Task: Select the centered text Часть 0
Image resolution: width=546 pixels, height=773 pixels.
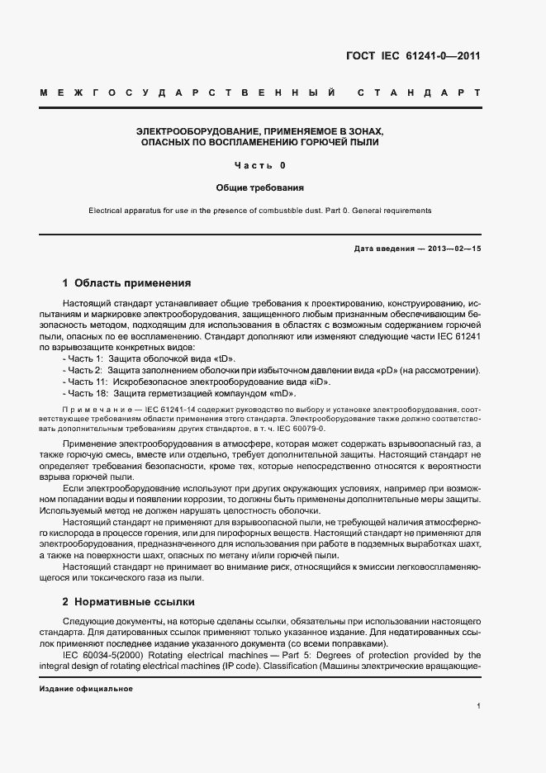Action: (x=260, y=165)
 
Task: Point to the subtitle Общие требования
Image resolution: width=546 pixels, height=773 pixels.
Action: (x=260, y=188)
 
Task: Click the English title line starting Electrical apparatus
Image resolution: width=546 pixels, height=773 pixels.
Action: (x=260, y=211)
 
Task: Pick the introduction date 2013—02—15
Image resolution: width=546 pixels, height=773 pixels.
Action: (x=452, y=249)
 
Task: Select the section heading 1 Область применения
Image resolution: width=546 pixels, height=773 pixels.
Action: (x=127, y=282)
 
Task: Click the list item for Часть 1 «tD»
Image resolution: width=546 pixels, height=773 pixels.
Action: (x=149, y=359)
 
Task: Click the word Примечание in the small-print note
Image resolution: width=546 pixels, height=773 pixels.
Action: (x=91, y=410)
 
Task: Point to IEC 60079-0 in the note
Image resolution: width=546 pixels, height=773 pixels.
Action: (x=301, y=429)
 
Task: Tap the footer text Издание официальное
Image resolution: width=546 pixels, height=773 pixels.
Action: (x=86, y=688)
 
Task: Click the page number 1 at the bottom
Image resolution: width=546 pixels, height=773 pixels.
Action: (x=478, y=706)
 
